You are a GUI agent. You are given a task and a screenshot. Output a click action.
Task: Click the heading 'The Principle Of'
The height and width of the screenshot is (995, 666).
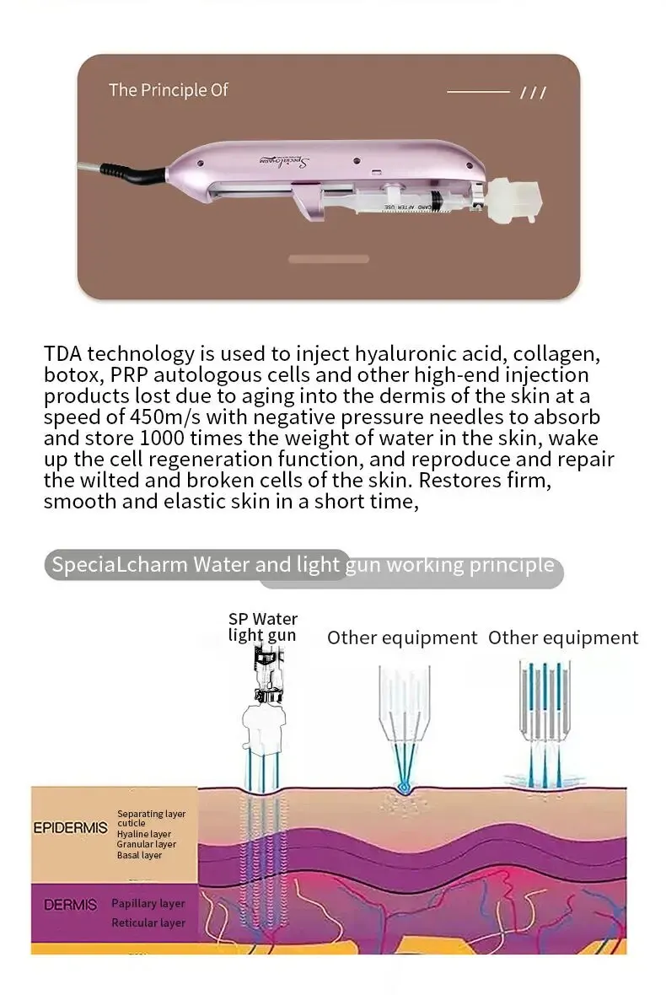[x=168, y=89]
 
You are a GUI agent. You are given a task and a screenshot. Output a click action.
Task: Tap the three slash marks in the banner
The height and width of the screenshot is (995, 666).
[x=533, y=93]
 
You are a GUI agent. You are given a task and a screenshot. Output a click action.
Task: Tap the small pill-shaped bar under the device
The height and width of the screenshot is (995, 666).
[x=328, y=259]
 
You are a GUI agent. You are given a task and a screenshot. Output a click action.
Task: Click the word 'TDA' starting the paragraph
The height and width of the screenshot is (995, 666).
[x=64, y=353]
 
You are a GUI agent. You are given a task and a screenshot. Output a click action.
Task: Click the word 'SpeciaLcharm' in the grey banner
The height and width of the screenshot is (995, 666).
[x=119, y=564]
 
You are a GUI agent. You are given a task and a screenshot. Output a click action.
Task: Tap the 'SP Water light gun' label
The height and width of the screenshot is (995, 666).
[x=262, y=627]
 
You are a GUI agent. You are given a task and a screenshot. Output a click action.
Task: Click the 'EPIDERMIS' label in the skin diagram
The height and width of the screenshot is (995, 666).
[x=70, y=827]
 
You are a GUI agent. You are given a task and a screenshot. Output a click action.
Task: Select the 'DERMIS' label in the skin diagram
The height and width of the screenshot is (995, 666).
[x=70, y=905]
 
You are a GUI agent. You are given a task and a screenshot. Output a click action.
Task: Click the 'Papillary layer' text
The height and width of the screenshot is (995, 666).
[x=148, y=903]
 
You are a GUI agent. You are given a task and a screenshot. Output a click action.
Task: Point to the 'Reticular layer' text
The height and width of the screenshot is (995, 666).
[x=148, y=922]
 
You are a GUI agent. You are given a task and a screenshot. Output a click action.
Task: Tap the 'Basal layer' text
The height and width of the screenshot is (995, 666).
[x=139, y=855]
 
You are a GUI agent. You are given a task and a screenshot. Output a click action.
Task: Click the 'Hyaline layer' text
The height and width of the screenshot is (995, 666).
[x=143, y=834]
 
